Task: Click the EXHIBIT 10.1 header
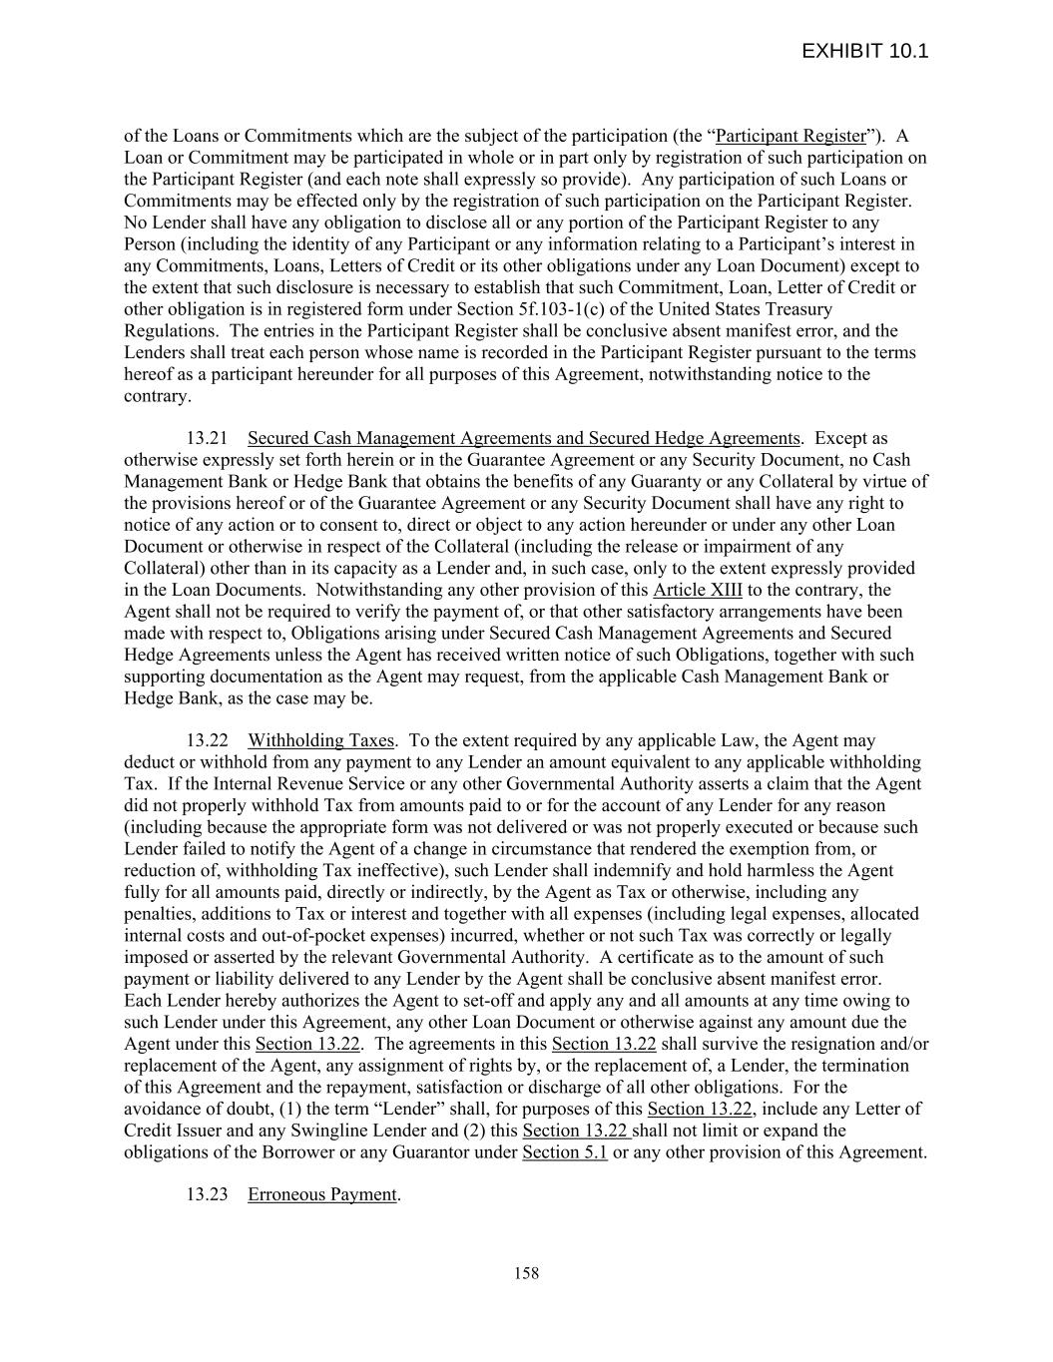[x=864, y=51]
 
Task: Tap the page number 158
[x=526, y=1272]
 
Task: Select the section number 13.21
[x=207, y=438]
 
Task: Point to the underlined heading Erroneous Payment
[x=322, y=1194]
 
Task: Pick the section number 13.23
[x=207, y=1194]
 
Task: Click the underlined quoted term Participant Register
[x=790, y=136]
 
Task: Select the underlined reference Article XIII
[x=697, y=590]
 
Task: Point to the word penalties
[x=157, y=913]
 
